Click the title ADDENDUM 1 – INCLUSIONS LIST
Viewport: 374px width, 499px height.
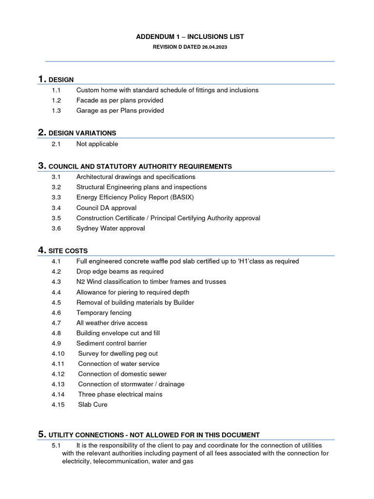click(x=189, y=37)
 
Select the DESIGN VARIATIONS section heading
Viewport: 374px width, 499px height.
click(x=82, y=133)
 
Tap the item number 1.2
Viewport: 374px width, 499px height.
click(x=56, y=100)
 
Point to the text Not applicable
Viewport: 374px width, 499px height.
click(x=97, y=144)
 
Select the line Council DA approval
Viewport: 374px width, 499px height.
click(x=106, y=208)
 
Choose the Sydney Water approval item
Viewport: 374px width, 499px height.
click(x=111, y=228)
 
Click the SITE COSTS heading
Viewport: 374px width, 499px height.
click(x=68, y=251)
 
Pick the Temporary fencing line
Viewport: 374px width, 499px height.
click(x=104, y=313)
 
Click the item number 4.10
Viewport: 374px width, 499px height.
click(x=57, y=354)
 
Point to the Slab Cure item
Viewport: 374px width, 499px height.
click(x=93, y=404)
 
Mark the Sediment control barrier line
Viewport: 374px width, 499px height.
click(x=112, y=344)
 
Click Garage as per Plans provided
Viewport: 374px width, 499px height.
click(x=120, y=111)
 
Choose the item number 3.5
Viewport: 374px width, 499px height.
click(x=56, y=218)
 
